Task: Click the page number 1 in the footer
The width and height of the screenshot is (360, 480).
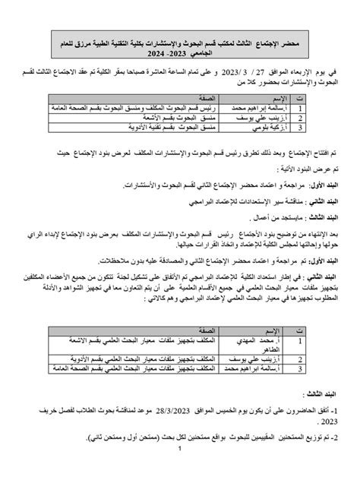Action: pyautogui.click(x=180, y=471)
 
